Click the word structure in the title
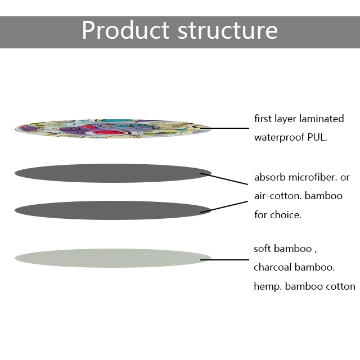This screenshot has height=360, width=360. pyautogui.click(x=227, y=30)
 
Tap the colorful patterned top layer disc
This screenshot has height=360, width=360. pyautogui.click(x=112, y=128)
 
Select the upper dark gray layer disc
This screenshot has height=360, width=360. pyautogui.click(x=112, y=173)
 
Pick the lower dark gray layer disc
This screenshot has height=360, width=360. pyautogui.click(x=112, y=210)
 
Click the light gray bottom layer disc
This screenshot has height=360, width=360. pyautogui.click(x=112, y=258)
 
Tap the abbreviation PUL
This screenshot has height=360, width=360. pyautogui.click(x=317, y=137)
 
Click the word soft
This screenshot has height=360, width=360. pyautogui.click(x=264, y=249)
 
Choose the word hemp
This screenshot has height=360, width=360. pyautogui.click(x=267, y=286)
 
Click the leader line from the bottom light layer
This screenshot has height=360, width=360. pyautogui.click(x=229, y=260)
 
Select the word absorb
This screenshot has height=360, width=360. pyautogui.click(x=270, y=178)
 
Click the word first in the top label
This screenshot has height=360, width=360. pyautogui.click(x=262, y=119)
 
